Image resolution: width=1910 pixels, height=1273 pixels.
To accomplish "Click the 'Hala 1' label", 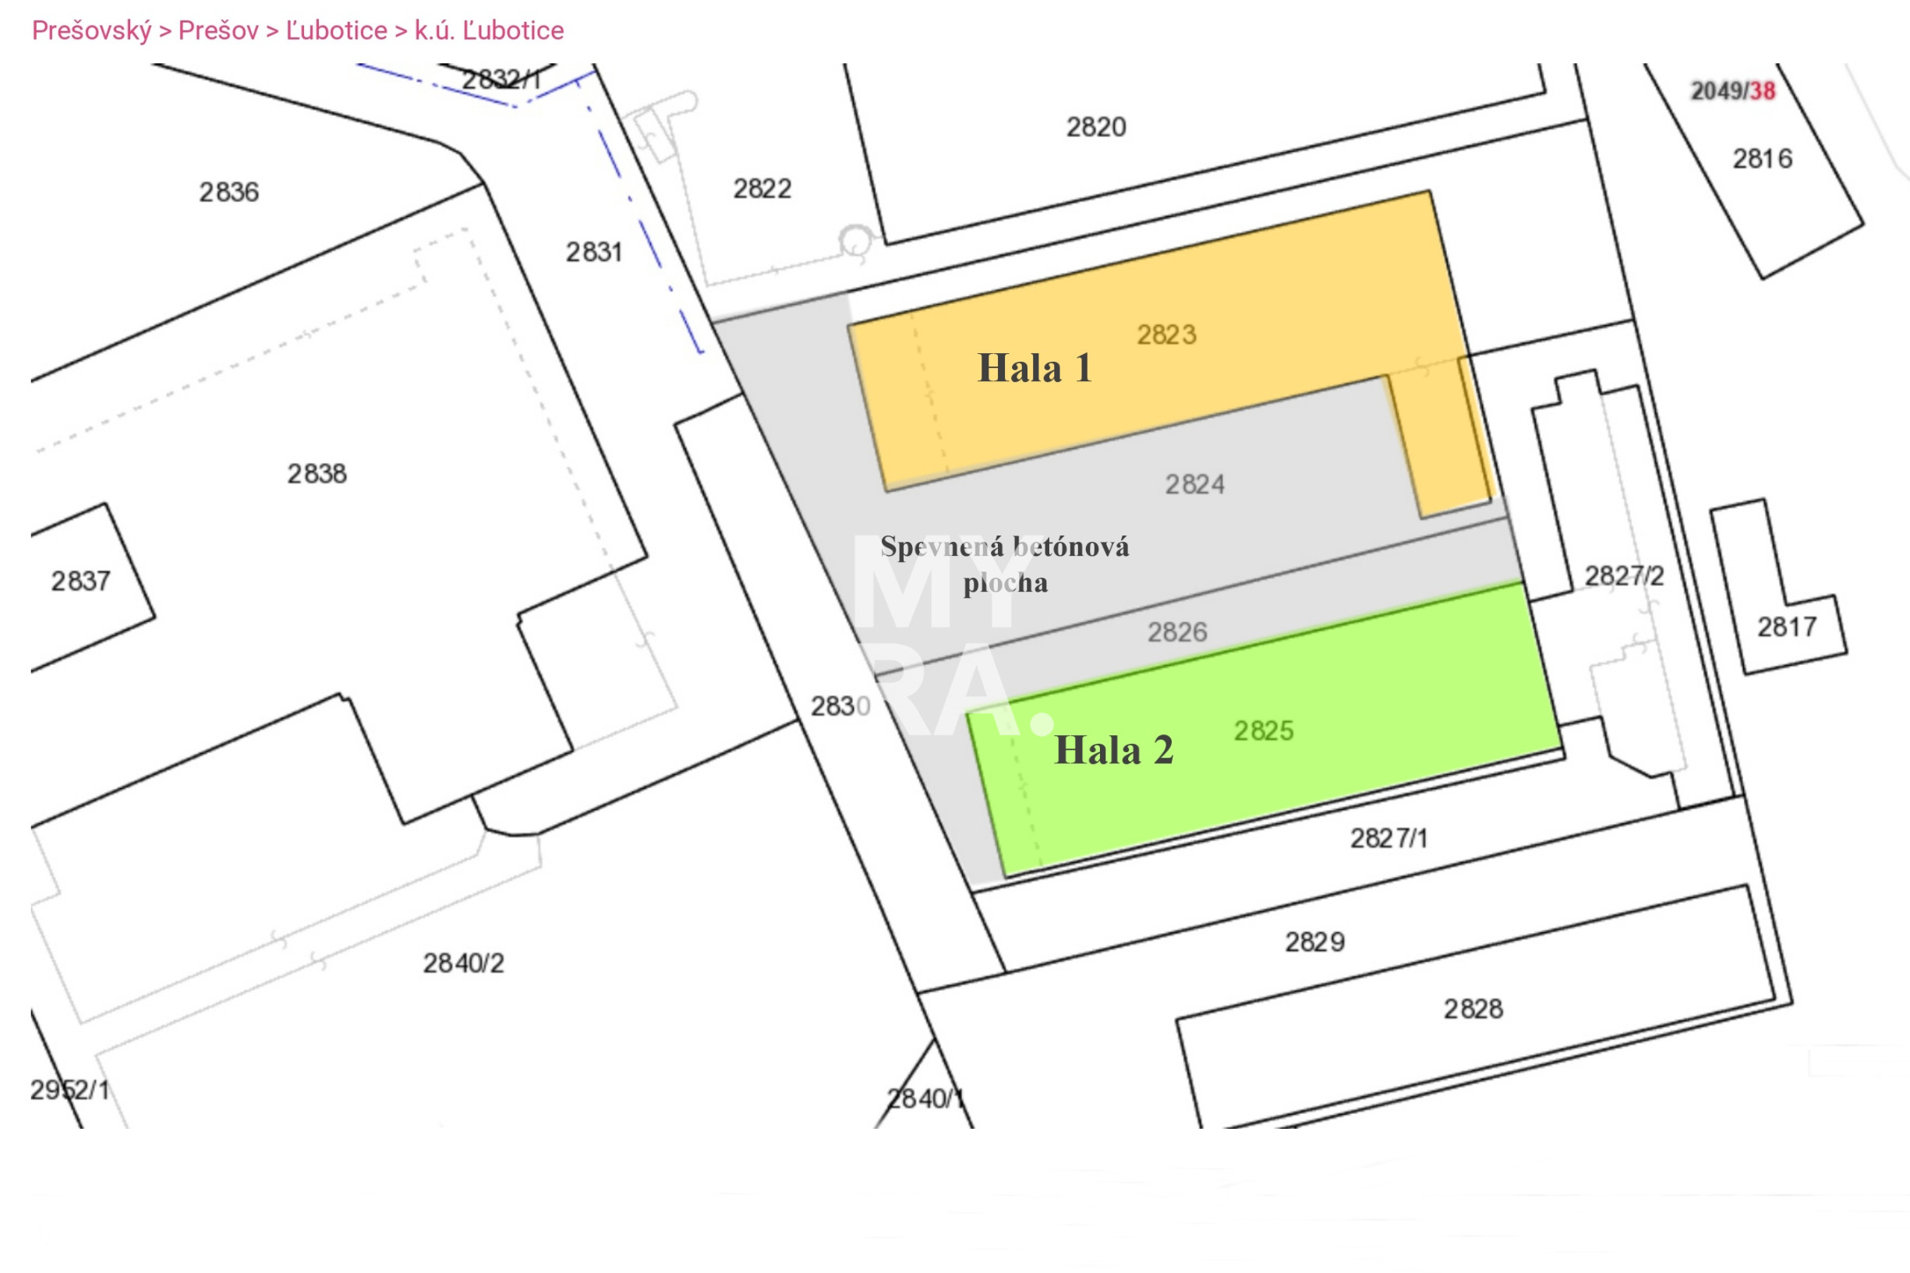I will click(1035, 368).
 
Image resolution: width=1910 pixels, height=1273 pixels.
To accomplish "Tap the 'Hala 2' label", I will click(1114, 750).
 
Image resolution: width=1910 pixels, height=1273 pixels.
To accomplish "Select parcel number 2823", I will click(1166, 334).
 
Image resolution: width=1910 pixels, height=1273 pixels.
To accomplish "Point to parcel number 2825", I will click(1264, 730).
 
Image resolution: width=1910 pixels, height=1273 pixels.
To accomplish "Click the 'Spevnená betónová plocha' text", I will click(1005, 564).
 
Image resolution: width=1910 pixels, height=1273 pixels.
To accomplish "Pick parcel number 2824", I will click(1195, 485).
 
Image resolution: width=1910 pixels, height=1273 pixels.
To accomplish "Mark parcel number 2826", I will click(1177, 631).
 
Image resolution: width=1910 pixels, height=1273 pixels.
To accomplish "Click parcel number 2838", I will click(317, 473).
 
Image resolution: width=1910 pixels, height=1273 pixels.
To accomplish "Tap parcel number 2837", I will click(80, 581).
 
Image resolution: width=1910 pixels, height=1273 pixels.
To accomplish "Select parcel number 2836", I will click(229, 192).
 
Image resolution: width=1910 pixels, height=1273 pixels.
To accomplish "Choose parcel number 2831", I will click(594, 252).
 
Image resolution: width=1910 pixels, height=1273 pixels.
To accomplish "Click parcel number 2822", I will click(762, 189).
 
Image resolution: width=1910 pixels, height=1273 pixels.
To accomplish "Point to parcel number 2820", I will click(1096, 126).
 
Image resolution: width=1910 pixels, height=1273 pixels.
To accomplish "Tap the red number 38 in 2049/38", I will click(1762, 91).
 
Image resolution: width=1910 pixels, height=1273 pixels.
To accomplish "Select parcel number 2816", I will click(1762, 158).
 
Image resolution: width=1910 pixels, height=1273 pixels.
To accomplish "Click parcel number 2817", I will click(1787, 627).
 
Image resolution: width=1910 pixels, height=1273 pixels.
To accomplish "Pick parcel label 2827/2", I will click(1624, 575).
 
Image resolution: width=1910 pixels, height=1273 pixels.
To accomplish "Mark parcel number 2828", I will click(1473, 1008).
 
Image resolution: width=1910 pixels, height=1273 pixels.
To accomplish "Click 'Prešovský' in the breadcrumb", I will click(92, 31).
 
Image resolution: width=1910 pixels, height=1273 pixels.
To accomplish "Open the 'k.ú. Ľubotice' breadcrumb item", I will click(489, 31).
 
